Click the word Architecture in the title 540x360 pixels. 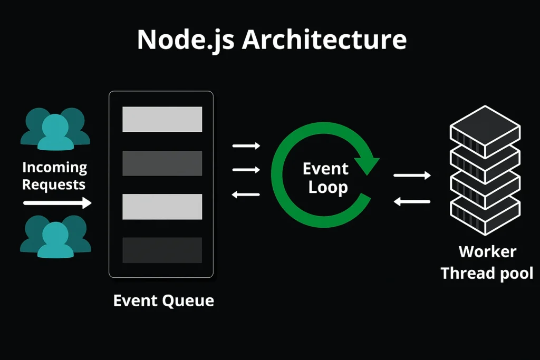[324, 39]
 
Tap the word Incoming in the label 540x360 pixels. [55, 168]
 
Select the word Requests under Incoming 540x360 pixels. [54, 185]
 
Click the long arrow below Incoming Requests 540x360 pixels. [57, 203]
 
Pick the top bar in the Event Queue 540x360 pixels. [162, 119]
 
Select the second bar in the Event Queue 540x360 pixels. [162, 163]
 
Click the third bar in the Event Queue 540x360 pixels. [162, 207]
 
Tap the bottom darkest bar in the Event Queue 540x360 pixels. [162, 250]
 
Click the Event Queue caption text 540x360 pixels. [163, 301]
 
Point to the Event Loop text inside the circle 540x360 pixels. [326, 178]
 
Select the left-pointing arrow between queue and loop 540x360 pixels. [246, 195]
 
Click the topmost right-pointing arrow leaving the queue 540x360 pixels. [246, 146]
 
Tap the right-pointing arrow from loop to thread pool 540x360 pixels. [412, 176]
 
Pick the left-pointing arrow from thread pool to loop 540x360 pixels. [412, 201]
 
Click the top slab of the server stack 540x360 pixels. [485, 131]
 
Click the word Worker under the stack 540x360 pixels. [487, 251]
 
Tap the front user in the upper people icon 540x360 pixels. [55, 133]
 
